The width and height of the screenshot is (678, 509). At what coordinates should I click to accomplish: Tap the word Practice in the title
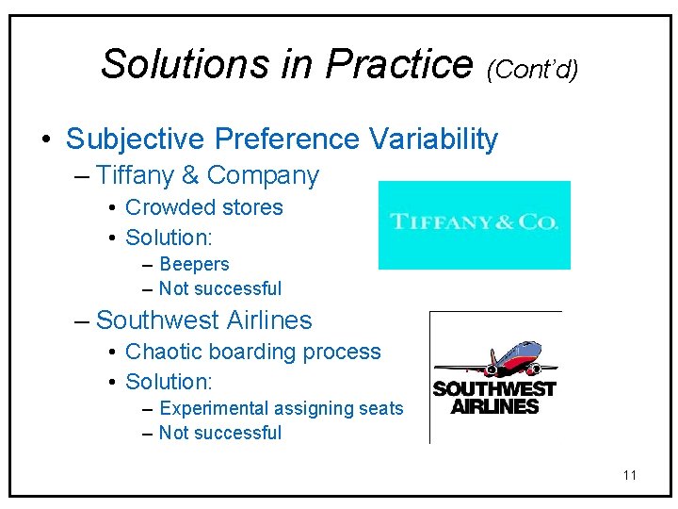click(x=399, y=64)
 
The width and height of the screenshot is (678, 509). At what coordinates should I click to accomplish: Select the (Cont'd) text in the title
click(x=532, y=69)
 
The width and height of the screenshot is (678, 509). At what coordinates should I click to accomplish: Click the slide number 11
click(x=629, y=475)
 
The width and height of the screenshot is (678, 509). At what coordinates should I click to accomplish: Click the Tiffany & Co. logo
click(x=474, y=223)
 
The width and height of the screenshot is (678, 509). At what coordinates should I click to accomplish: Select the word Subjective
click(x=136, y=140)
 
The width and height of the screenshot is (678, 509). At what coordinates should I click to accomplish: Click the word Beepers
click(x=194, y=265)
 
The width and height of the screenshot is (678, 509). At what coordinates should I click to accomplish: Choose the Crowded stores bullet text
click(x=203, y=207)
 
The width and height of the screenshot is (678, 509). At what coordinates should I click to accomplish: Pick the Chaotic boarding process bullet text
click(x=252, y=352)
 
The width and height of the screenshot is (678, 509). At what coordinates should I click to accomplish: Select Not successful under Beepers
click(x=219, y=289)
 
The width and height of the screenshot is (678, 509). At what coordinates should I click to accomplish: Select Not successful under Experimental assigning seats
click(x=219, y=434)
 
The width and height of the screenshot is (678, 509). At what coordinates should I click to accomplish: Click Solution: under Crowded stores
click(x=169, y=238)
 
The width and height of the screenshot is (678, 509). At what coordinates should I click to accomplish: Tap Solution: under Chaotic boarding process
click(x=169, y=382)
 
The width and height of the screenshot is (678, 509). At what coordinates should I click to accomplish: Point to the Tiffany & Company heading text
click(x=207, y=175)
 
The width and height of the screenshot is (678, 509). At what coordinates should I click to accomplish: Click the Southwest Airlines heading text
click(x=203, y=320)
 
